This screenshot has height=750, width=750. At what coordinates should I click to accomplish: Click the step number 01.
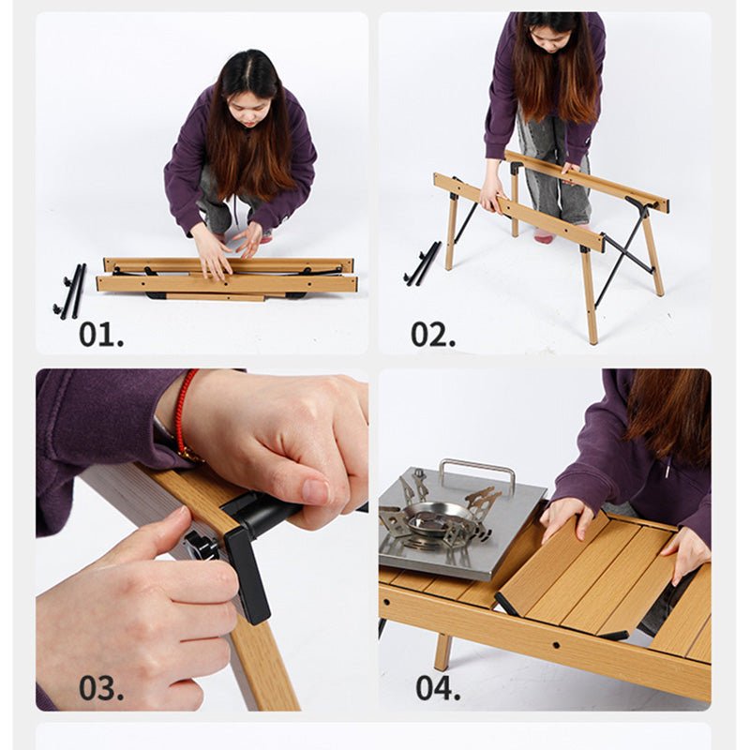pyautogui.click(x=101, y=335)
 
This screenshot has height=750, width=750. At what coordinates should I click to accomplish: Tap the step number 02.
pyautogui.click(x=433, y=335)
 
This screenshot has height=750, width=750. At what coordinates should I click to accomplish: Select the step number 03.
pyautogui.click(x=101, y=688)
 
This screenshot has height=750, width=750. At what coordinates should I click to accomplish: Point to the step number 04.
pyautogui.click(x=438, y=688)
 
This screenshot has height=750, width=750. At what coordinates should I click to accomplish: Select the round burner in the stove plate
pyautogui.click(x=430, y=518)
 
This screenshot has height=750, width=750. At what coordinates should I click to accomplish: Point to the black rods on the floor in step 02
pyautogui.click(x=423, y=263)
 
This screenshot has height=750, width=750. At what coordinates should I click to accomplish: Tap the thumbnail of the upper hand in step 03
pyautogui.click(x=316, y=491)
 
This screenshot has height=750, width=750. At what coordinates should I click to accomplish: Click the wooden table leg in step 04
pyautogui.click(x=442, y=652)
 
